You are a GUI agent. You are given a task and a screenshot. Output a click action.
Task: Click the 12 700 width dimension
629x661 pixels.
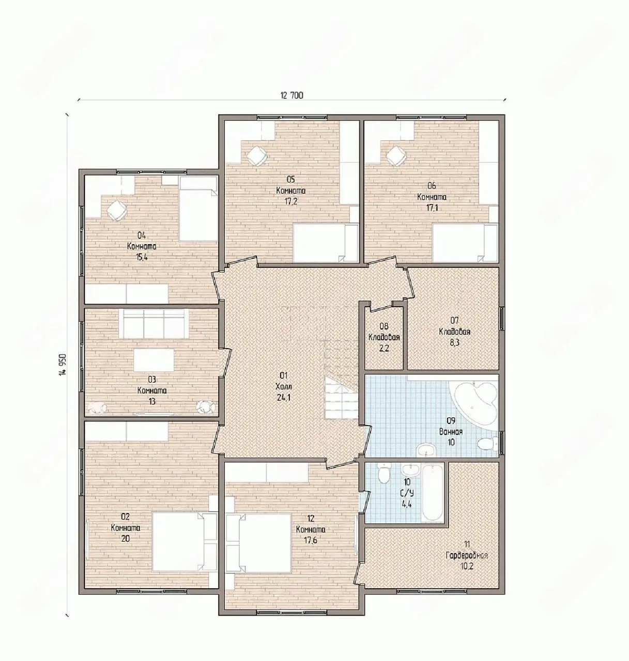click(292, 96)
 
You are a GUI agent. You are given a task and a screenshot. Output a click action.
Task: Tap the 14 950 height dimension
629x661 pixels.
click(64, 369)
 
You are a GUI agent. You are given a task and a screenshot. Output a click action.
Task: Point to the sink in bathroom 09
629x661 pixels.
click(426, 449)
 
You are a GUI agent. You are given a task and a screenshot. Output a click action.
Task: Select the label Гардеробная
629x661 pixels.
click(466, 556)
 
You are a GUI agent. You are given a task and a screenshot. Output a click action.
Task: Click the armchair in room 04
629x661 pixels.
click(117, 211)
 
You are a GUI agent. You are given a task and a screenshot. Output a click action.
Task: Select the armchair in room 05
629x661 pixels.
click(257, 155)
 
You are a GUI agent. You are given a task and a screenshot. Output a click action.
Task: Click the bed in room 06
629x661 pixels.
click(465, 243)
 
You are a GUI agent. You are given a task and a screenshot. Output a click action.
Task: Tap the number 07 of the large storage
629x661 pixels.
click(455, 321)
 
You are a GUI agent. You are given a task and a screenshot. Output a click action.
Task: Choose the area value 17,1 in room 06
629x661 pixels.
click(432, 208)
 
